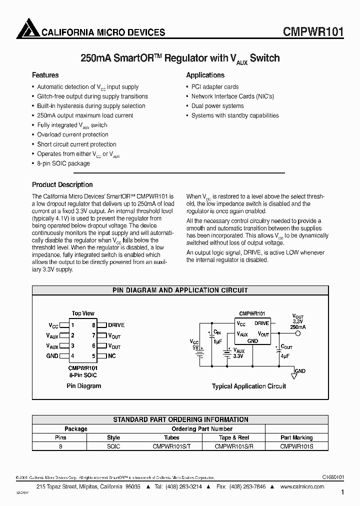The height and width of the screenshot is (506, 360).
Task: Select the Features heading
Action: [x=45, y=75]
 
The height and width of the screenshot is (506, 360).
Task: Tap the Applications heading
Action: [x=205, y=75]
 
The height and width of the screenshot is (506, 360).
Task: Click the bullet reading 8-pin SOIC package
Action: [x=63, y=163]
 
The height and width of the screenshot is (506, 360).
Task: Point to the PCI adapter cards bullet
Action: [x=215, y=87]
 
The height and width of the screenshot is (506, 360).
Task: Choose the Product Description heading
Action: [x=62, y=184]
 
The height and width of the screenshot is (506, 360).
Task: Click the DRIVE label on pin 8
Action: [x=116, y=325]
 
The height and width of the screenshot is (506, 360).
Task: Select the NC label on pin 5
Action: [x=112, y=356]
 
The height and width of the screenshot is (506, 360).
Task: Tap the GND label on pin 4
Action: [x=52, y=356]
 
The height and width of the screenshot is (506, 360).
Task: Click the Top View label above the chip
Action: [x=83, y=313]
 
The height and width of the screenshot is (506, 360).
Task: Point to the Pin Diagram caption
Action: [x=83, y=385]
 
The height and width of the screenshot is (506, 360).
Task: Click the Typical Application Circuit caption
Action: [x=249, y=386]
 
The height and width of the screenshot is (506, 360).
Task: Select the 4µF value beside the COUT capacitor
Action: [x=285, y=356]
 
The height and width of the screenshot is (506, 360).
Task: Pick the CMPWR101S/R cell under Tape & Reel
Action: [x=234, y=446]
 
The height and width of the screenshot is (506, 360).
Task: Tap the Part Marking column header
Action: [x=296, y=437]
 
